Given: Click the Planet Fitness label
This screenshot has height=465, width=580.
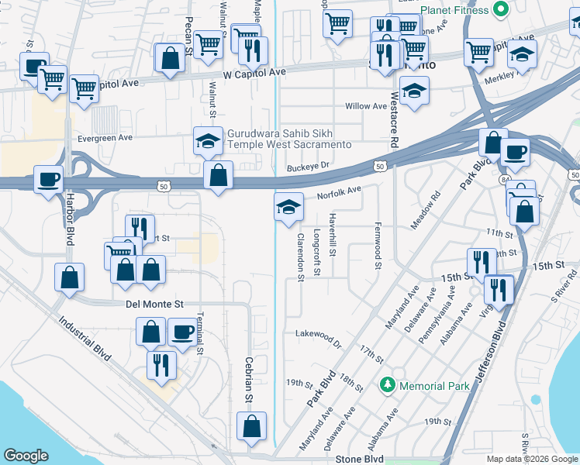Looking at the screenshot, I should [x=454, y=10].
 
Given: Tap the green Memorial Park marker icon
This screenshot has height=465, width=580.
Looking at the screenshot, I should [x=386, y=385].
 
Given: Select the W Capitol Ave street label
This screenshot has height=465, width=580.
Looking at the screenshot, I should [x=254, y=72].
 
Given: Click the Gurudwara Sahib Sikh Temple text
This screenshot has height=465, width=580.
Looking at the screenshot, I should [x=288, y=139].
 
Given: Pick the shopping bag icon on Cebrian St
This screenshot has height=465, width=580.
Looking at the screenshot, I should [x=252, y=426].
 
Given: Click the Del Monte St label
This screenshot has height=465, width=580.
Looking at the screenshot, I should [x=154, y=305].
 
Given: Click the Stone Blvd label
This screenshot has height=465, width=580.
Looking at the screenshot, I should [x=360, y=459].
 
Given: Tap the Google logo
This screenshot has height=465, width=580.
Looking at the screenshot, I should [x=26, y=456].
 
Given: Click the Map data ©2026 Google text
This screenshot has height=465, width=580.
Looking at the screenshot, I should [x=531, y=459].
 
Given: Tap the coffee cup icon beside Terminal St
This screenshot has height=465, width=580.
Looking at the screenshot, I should [x=182, y=332].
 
